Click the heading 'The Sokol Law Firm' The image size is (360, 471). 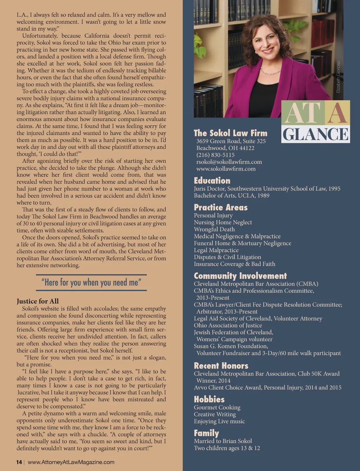230,133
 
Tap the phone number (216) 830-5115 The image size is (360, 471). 215,155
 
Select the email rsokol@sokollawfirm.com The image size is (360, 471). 229,162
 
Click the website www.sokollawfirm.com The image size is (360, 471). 226,169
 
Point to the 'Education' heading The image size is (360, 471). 212,180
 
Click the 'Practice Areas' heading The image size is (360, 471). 220,207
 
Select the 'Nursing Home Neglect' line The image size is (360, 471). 223,222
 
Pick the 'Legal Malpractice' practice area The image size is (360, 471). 216,250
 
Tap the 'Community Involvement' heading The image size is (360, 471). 240,276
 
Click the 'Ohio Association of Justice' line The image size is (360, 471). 228,325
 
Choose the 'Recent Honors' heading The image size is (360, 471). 221,366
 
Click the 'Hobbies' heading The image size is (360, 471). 209,399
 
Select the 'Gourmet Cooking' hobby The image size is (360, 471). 217,407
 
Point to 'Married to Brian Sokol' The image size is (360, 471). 223,441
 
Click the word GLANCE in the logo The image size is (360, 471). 315,134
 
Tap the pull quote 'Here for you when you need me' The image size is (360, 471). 91,282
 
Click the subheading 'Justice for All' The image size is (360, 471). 38,301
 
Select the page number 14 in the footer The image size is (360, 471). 19,462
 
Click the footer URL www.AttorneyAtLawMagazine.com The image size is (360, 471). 71,462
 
